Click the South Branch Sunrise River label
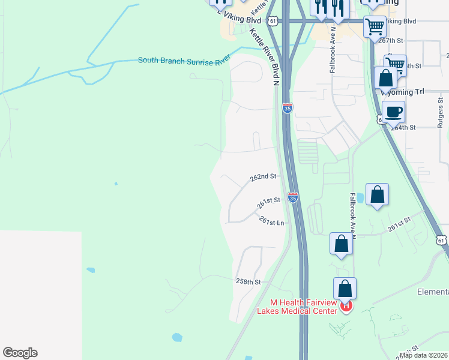pyautogui.click(x=184, y=60)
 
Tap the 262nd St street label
pyautogui.click(x=263, y=177)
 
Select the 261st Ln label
pyautogui.click(x=271, y=221)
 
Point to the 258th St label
pyautogui.click(x=249, y=281)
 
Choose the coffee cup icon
pyautogui.click(x=393, y=112)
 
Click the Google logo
pyautogui.click(x=20, y=353)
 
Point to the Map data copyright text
pyautogui.click(x=423, y=355)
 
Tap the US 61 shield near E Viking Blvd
pyautogui.click(x=274, y=21)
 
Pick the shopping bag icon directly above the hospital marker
pyautogui.click(x=345, y=288)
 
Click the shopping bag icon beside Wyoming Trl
pyautogui.click(x=385, y=78)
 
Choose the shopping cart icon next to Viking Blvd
pyautogui.click(x=375, y=26)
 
